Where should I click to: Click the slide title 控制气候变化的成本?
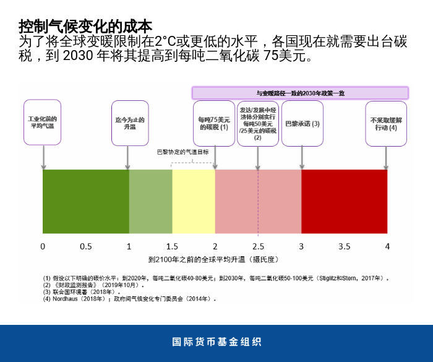point(85,26)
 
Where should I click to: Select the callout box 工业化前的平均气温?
point(43,122)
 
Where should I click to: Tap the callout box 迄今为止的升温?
point(129,122)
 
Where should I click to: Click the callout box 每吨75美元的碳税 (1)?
point(214,123)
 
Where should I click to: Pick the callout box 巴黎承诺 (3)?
point(302,123)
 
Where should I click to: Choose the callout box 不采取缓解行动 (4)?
point(385,123)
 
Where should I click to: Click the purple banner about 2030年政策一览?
point(300,93)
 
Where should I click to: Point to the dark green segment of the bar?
point(85,201)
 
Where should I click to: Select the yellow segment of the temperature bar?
point(193,201)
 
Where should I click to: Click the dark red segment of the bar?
point(344,201)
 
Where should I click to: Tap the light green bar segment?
point(150,201)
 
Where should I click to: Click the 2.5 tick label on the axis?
point(258,246)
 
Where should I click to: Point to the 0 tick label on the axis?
point(43,246)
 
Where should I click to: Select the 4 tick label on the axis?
point(387,246)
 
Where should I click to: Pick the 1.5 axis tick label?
point(172,246)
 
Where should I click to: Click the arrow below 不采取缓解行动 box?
point(385,158)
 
